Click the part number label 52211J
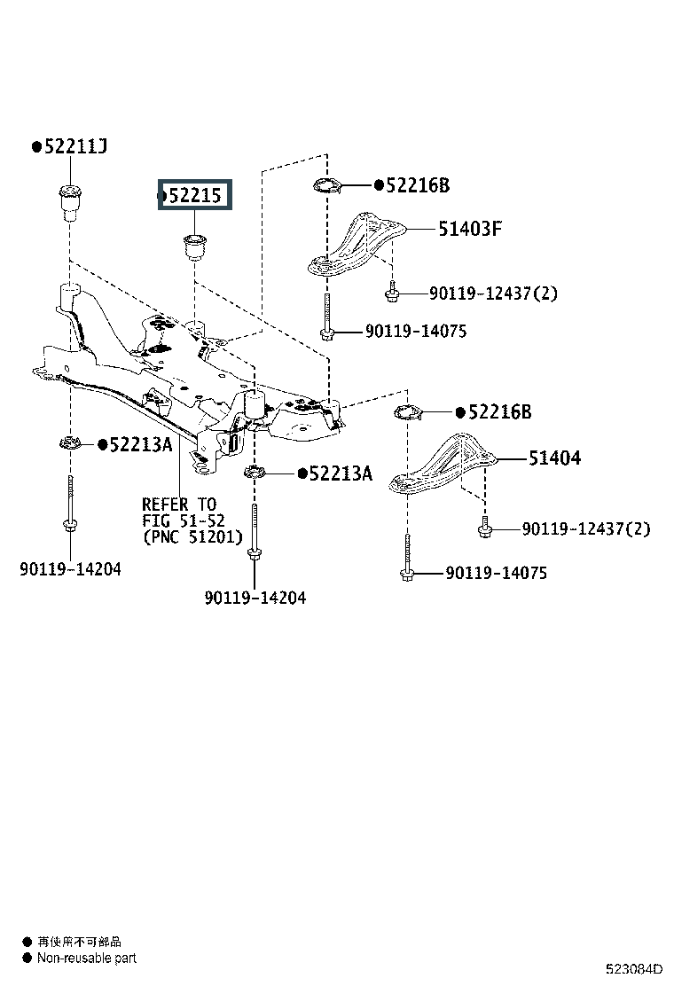(75, 146)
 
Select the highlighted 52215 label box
(195, 195)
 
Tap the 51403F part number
(470, 228)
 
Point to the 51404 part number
(554, 458)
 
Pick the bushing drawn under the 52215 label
(194, 246)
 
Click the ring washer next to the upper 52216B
(327, 186)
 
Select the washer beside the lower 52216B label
(407, 412)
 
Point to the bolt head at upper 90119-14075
(327, 333)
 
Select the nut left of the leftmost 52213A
(70, 444)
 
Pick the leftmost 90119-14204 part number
(70, 569)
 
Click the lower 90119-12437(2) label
(586, 528)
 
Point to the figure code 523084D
(634, 969)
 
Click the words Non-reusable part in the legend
(87, 959)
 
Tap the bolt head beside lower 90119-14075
(407, 574)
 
